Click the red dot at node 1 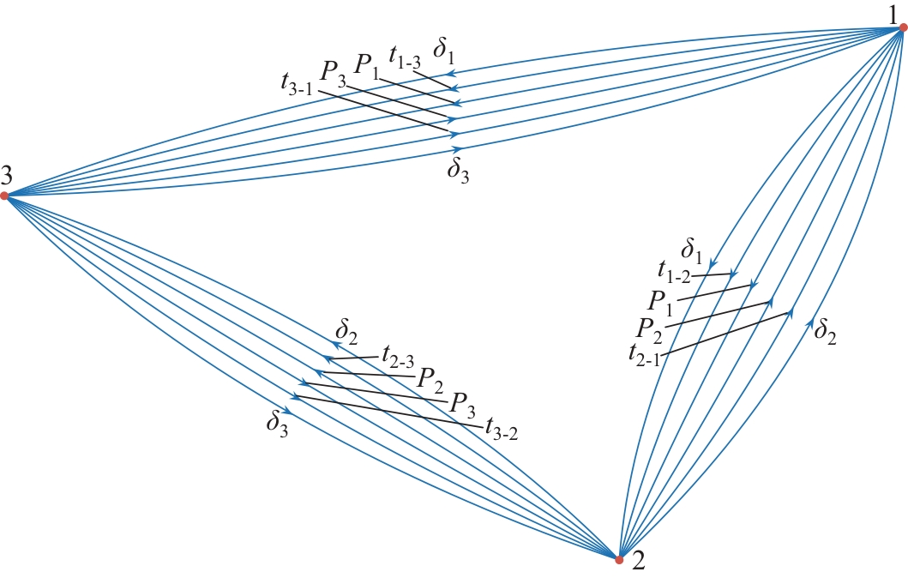tap(903, 28)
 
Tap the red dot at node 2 tap(619, 560)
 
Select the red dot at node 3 tap(4, 196)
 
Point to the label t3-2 tap(502, 424)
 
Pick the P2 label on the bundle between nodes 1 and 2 tap(650, 326)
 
